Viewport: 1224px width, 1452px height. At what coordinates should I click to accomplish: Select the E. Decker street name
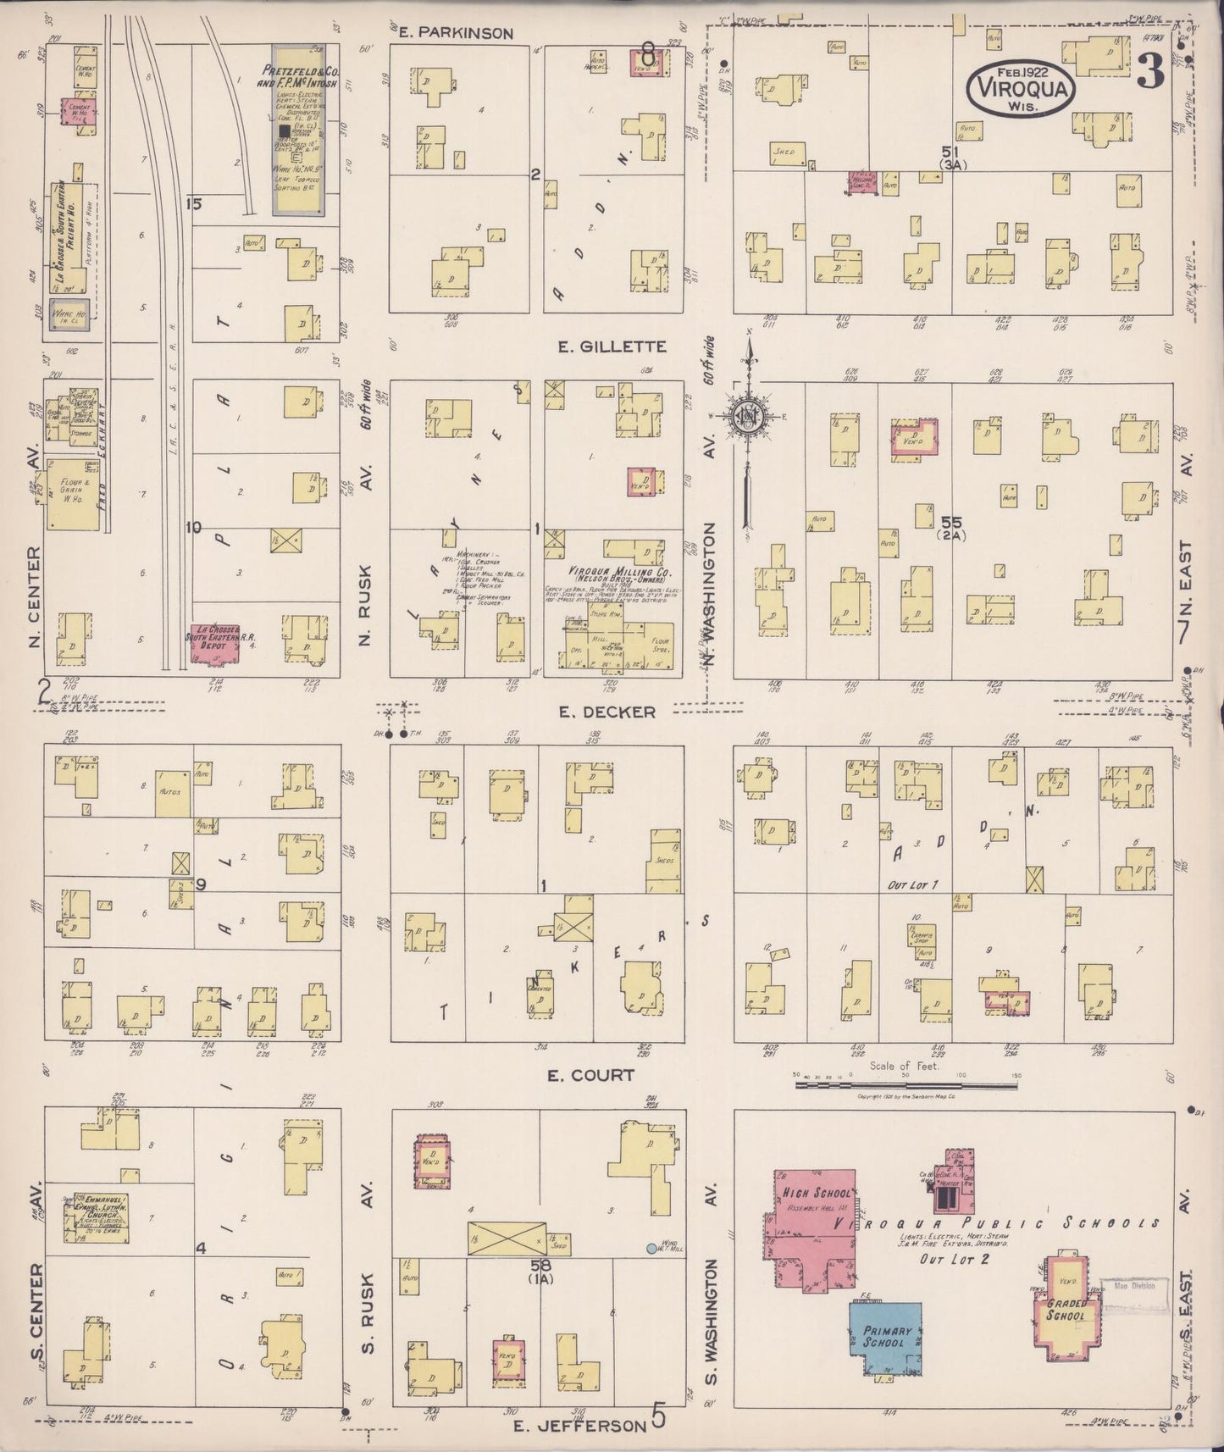click(x=606, y=712)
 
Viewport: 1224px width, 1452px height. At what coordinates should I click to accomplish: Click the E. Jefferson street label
click(x=581, y=1426)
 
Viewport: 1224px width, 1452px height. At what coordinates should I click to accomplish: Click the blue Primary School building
click(x=886, y=1338)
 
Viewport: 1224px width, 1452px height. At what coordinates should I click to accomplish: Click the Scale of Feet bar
click(x=906, y=1076)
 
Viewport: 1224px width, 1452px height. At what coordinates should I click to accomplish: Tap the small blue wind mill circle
click(x=651, y=1248)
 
